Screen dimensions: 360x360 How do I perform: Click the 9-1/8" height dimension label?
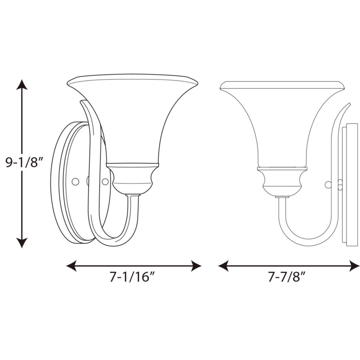click(x=25, y=163)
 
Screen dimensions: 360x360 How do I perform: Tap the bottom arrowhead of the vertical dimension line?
click(x=22, y=243)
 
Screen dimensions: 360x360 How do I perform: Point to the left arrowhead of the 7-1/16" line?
click(x=71, y=266)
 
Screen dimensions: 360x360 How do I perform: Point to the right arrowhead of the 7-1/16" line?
click(x=196, y=266)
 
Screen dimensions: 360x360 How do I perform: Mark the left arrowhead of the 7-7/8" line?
click(x=223, y=266)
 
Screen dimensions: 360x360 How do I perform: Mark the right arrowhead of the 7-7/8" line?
click(x=354, y=266)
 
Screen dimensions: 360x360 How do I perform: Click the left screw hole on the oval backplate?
click(x=75, y=182)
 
